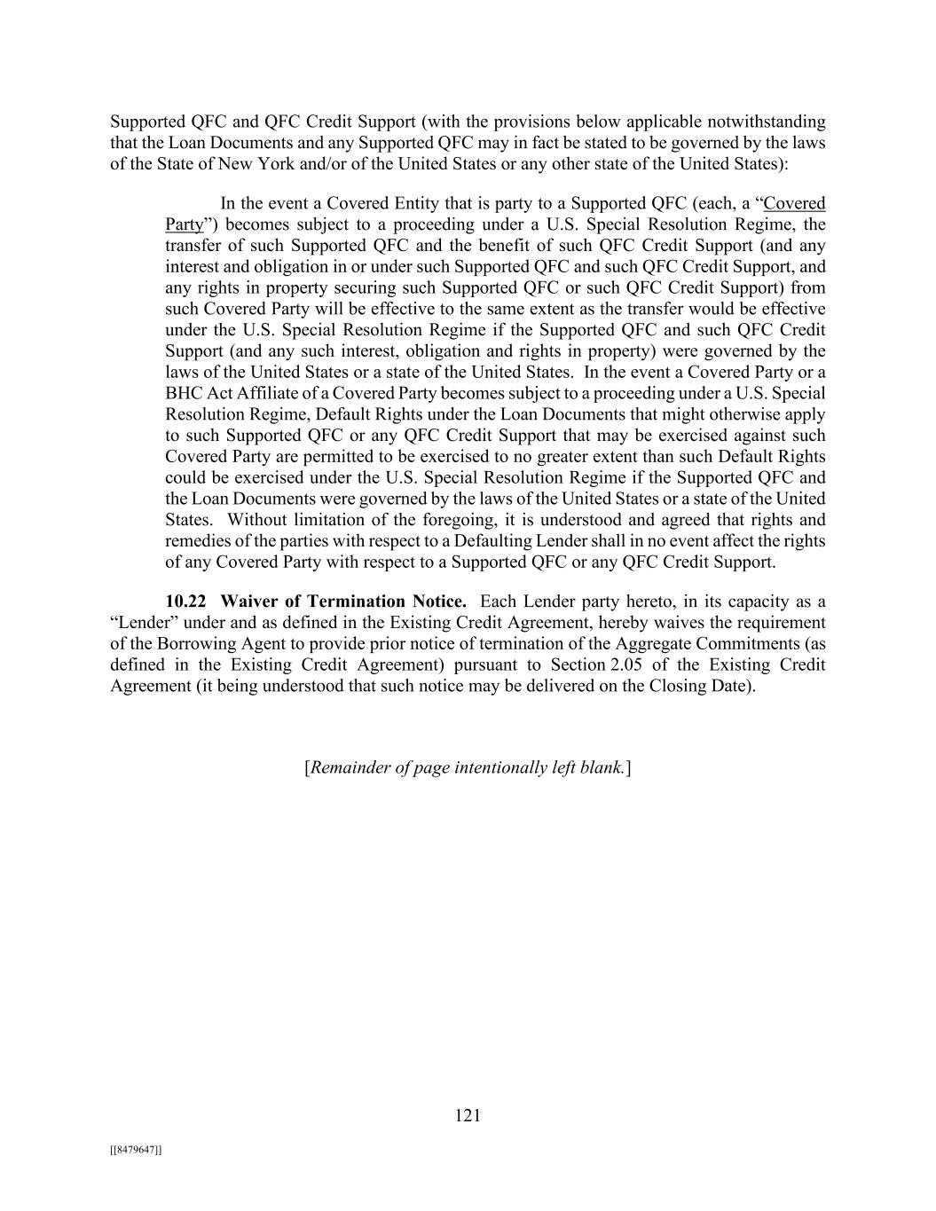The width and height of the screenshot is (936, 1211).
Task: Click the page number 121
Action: click(x=468, y=1115)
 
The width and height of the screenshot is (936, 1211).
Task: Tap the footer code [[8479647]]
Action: click(x=136, y=1150)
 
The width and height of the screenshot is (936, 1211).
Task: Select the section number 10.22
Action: click(x=186, y=602)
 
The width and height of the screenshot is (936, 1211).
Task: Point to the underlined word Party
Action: click(x=184, y=224)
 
